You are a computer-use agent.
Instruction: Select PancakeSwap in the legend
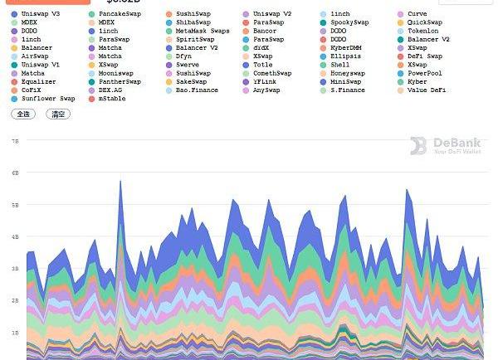click(120, 14)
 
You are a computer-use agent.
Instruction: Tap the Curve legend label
click(417, 14)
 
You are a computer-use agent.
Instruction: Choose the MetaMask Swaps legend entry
click(203, 31)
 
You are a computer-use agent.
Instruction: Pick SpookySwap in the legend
click(350, 22)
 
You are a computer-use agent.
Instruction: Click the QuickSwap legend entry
click(424, 22)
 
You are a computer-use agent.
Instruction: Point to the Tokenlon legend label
click(423, 31)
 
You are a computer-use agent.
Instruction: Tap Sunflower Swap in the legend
click(47, 99)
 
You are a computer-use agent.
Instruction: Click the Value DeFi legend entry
click(427, 90)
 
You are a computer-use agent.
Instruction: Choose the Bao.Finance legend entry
click(197, 90)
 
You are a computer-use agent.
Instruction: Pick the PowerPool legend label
click(424, 73)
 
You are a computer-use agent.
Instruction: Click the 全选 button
click(22, 114)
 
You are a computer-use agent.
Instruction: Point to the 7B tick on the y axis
click(14, 141)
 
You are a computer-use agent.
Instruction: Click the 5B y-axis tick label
click(14, 205)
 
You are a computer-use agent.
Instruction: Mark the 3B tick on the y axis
click(14, 269)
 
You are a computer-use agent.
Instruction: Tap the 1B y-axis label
click(14, 332)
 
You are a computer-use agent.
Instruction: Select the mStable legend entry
click(112, 99)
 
